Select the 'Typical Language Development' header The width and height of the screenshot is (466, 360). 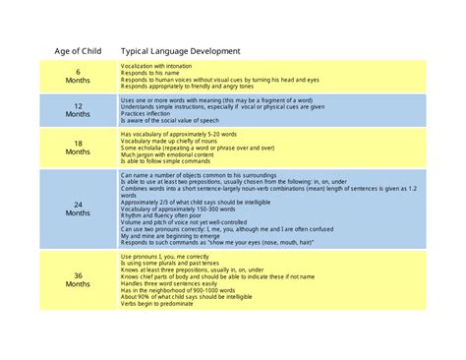tap(180, 51)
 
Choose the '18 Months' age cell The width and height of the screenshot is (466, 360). tap(79, 148)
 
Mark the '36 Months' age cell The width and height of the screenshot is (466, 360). tap(79, 282)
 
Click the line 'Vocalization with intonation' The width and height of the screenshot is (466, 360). tap(156, 66)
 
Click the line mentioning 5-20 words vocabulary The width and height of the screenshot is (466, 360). tap(178, 134)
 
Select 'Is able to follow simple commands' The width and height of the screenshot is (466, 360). tap(161, 161)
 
